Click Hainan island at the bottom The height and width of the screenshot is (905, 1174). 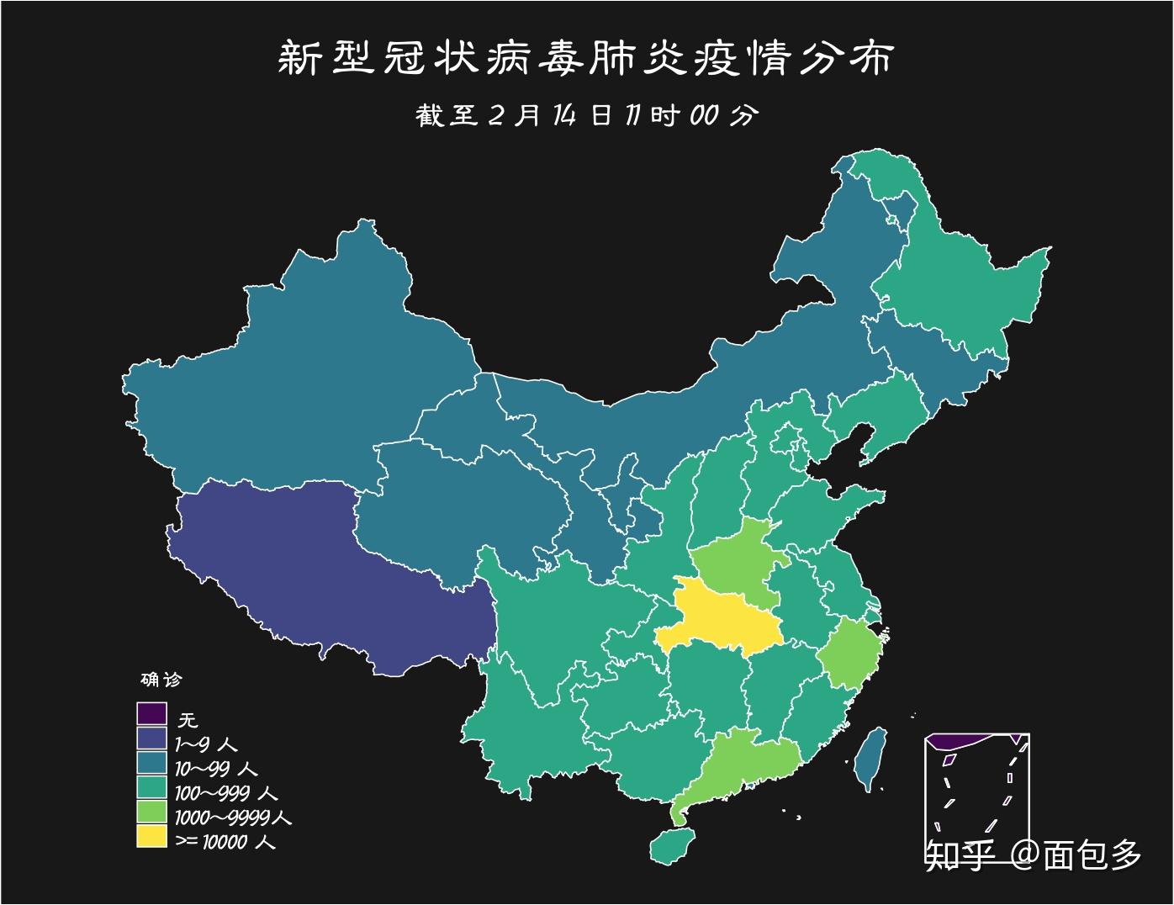(x=673, y=845)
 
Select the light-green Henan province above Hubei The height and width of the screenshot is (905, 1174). (x=740, y=559)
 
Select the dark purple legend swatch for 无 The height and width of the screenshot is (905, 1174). (x=152, y=714)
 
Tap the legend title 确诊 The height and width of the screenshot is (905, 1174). (x=160, y=679)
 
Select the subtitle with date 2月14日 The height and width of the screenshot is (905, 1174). (x=586, y=115)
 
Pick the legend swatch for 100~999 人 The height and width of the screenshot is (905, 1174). (x=152, y=787)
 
